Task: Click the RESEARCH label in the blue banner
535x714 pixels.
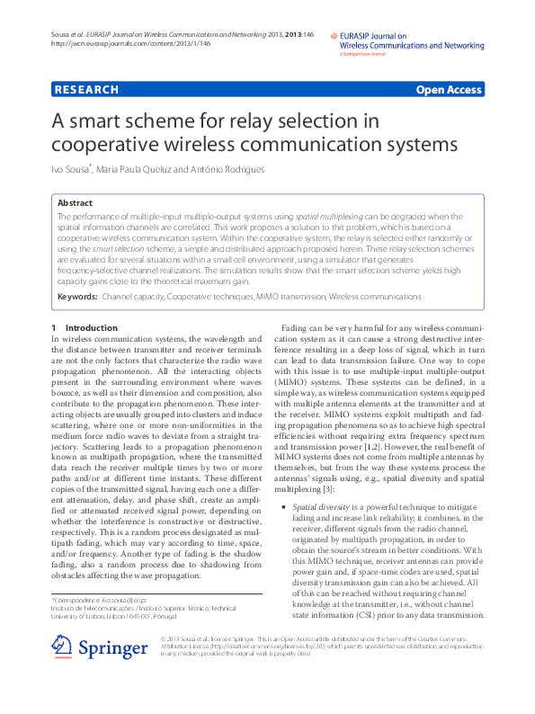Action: click(87, 90)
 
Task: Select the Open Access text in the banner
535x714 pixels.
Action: click(448, 90)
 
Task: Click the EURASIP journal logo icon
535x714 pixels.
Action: click(333, 39)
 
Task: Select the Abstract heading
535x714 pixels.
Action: click(75, 203)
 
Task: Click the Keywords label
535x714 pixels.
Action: click(77, 296)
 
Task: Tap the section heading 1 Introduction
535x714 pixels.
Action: click(85, 328)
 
